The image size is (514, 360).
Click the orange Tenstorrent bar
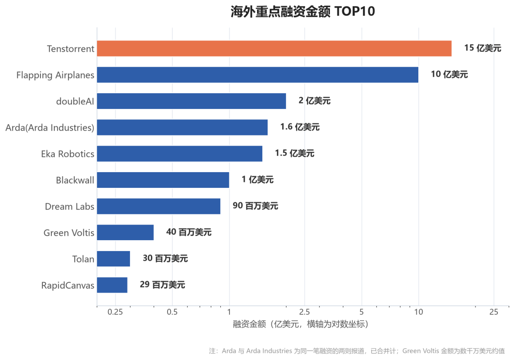274,49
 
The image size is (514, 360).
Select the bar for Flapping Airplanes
257,75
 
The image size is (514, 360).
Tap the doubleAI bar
191,101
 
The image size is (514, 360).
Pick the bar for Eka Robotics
179,154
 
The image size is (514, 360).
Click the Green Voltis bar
125,232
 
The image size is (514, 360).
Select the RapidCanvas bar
112,285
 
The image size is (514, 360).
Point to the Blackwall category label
75,180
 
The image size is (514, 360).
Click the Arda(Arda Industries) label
50,127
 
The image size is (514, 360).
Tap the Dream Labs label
69,206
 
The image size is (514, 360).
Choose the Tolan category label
83,259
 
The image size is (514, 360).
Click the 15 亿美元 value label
483,48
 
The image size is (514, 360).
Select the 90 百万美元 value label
256,206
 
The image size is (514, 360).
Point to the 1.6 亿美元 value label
300,127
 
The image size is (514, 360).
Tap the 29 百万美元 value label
162,285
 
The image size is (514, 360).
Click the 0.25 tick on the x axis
115,312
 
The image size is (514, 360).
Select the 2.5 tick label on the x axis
305,312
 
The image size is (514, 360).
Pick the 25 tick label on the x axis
494,312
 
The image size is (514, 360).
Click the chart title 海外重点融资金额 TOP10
303,11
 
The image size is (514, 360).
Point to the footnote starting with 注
356,351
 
